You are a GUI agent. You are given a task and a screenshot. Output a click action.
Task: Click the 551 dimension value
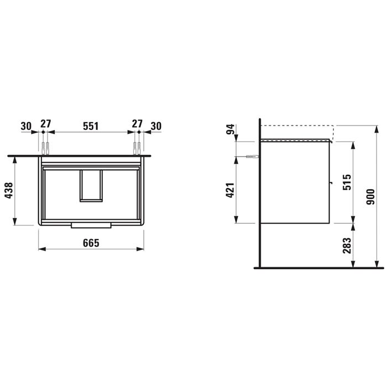[91, 125]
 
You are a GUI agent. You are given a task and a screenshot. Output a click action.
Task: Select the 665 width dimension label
[91, 244]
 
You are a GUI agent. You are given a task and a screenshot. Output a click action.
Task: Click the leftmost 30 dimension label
[26, 125]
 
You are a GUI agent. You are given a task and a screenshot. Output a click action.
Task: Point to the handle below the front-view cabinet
[91, 226]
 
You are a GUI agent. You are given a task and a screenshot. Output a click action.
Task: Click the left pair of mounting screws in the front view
[45, 148]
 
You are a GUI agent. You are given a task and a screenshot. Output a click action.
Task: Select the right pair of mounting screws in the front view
[136, 148]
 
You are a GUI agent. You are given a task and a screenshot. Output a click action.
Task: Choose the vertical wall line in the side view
[259, 193]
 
